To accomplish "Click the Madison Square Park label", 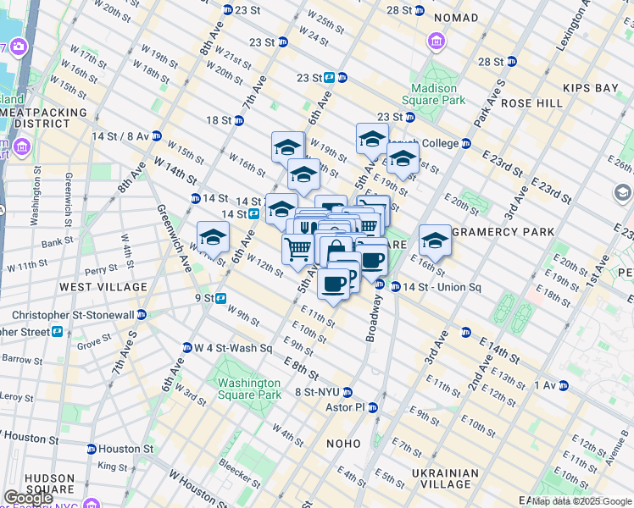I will tap(438, 93).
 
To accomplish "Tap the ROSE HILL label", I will tap(531, 103).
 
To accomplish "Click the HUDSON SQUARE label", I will tap(49, 483).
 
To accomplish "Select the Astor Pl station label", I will tap(345, 407).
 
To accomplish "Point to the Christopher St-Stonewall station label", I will tap(68, 314).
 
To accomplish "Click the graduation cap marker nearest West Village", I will tap(213, 238).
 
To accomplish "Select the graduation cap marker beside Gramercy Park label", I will tap(435, 240).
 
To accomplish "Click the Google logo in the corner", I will tap(28, 498).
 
